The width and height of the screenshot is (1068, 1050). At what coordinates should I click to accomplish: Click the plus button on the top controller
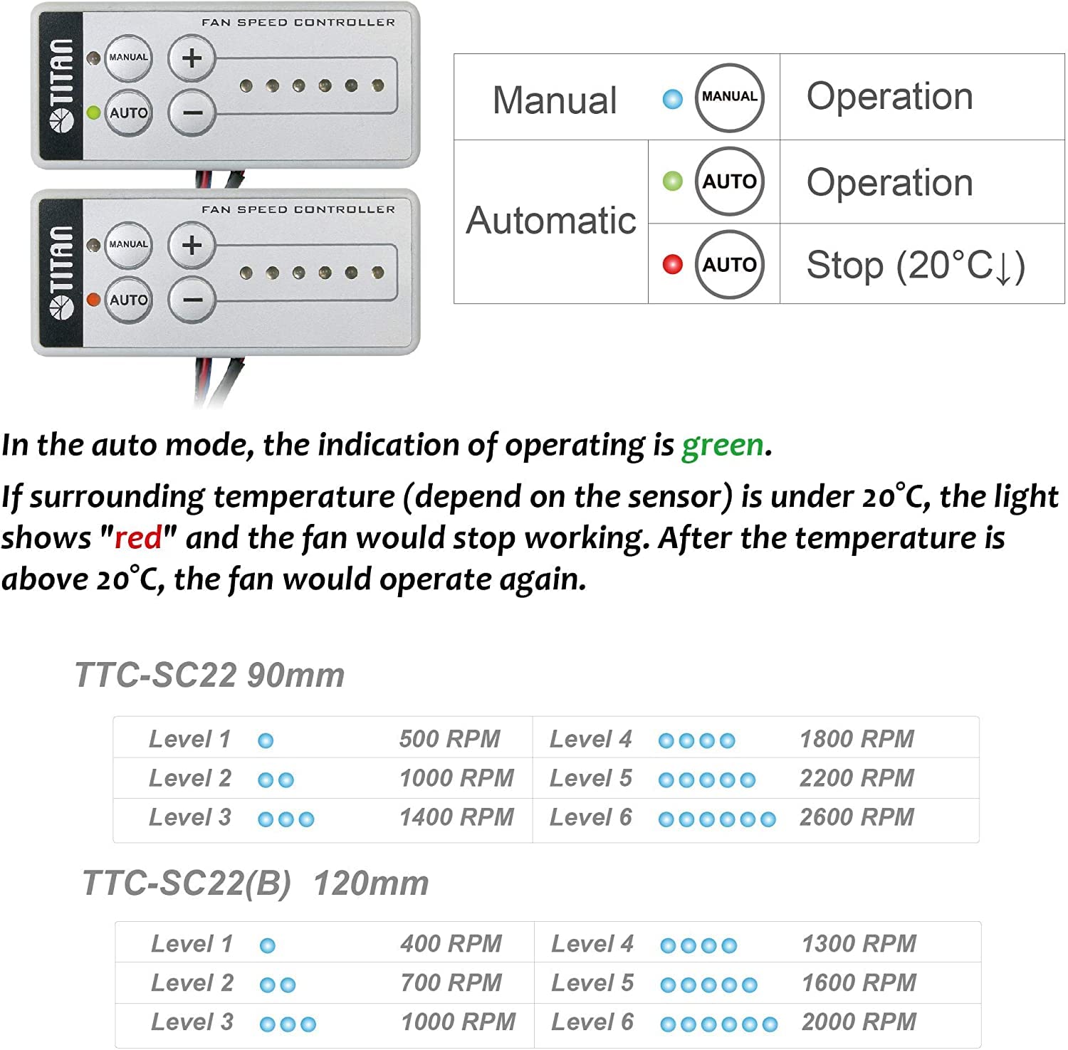(x=192, y=58)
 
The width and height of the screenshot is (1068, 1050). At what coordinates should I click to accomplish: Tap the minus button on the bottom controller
(x=192, y=300)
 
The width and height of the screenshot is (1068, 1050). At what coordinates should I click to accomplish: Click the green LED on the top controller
(x=93, y=112)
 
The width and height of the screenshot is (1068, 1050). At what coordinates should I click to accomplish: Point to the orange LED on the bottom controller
(x=93, y=300)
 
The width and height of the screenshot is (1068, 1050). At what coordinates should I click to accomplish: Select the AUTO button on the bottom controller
(x=128, y=300)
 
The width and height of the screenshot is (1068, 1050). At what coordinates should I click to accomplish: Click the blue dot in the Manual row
(x=672, y=99)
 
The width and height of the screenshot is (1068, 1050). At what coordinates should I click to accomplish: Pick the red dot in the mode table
(x=672, y=264)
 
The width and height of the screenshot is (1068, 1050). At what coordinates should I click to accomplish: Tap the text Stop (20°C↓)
(x=916, y=266)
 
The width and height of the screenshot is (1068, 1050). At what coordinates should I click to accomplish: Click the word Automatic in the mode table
(x=551, y=220)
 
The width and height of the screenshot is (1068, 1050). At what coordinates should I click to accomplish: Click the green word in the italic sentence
(x=722, y=445)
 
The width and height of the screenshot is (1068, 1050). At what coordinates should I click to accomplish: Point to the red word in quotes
(x=139, y=537)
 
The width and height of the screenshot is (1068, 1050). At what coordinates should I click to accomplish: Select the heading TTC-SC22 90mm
(x=209, y=675)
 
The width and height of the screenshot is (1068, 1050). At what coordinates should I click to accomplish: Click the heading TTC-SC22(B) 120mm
(x=255, y=883)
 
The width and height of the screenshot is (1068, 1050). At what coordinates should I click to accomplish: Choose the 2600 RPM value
(x=857, y=817)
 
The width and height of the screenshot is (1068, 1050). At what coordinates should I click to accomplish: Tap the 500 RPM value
(x=449, y=739)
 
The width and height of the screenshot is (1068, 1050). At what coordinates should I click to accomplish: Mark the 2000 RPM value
(x=859, y=1022)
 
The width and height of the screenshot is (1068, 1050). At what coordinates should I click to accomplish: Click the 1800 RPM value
(x=857, y=739)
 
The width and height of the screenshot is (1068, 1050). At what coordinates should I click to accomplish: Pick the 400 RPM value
(x=451, y=944)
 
